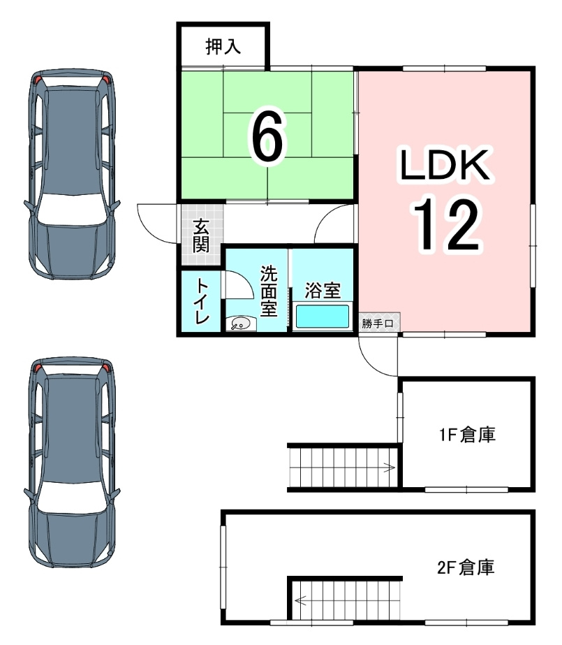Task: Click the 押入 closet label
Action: [x=223, y=47]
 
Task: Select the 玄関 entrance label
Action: [x=201, y=235]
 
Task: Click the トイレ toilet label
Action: [x=201, y=302]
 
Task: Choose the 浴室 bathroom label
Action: [x=322, y=289]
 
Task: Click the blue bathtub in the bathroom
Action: [x=323, y=316]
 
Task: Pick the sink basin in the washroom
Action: [x=240, y=324]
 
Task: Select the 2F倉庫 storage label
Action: [x=466, y=567]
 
